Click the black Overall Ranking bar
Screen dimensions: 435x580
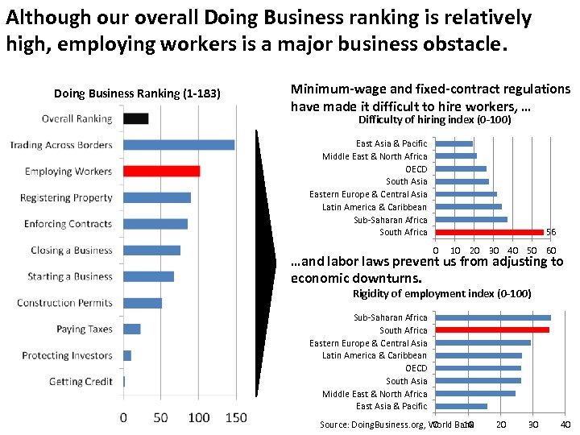[135, 118]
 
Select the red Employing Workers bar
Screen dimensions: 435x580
[161, 171]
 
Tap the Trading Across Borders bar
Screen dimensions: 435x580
[179, 145]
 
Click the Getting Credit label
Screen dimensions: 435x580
[81, 381]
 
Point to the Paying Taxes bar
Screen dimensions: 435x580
[131, 329]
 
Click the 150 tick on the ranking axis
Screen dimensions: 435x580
[235, 417]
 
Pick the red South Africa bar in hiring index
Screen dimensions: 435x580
[489, 232]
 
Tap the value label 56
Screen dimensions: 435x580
[551, 232]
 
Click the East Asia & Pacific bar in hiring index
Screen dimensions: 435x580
[454, 143]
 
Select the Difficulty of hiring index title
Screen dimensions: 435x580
[434, 120]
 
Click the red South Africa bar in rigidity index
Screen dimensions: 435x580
[491, 330]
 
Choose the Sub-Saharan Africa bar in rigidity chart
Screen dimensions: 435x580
[492, 317]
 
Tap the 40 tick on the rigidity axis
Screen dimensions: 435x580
[565, 425]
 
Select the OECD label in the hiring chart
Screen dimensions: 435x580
[416, 169]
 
